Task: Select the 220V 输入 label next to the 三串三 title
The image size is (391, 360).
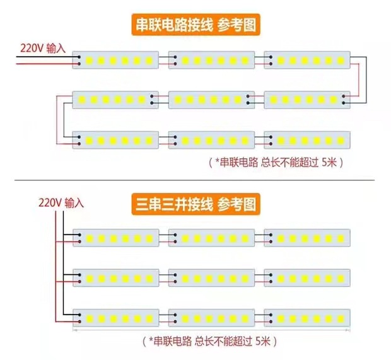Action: click(x=61, y=203)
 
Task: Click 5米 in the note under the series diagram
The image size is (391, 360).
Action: click(x=330, y=162)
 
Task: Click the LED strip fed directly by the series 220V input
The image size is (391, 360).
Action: click(x=116, y=60)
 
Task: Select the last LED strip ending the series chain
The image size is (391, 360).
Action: click(x=307, y=139)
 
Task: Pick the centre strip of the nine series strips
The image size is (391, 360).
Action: click(x=211, y=100)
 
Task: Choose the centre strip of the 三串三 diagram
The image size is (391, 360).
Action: click(x=211, y=277)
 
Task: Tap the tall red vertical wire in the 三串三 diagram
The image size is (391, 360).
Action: click(x=63, y=265)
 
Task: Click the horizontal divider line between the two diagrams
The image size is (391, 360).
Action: click(x=195, y=180)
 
